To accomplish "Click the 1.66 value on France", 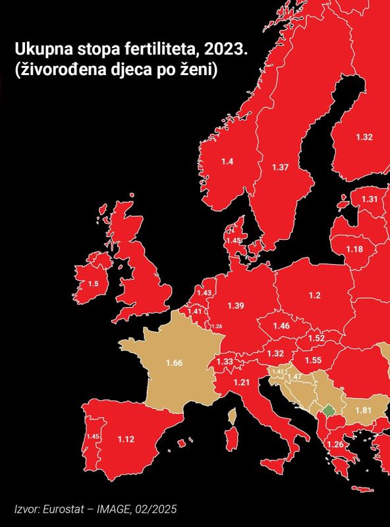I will click(x=174, y=363).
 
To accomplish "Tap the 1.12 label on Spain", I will click(x=126, y=439).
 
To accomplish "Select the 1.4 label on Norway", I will click(x=227, y=161).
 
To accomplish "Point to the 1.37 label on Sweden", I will click(x=280, y=167).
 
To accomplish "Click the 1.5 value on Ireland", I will click(x=94, y=283).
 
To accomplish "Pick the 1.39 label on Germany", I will click(x=235, y=306).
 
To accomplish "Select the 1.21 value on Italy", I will click(x=242, y=383).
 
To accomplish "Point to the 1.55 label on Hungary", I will click(x=313, y=360).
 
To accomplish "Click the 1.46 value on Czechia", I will click(x=281, y=326).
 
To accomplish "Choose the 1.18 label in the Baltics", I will click(x=354, y=249).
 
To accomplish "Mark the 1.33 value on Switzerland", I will click(x=225, y=362).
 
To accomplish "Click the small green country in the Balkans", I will click(x=329, y=410).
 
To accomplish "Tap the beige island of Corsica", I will click(x=231, y=416).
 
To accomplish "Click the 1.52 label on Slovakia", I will click(x=316, y=339).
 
